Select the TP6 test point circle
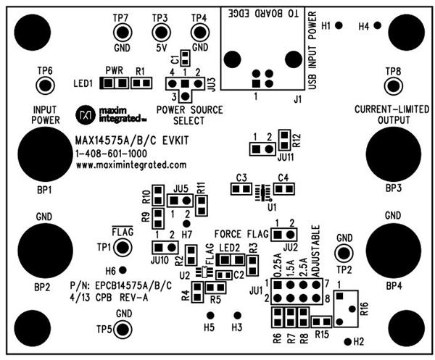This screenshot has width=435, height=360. [45, 85]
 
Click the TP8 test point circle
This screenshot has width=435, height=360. [394, 85]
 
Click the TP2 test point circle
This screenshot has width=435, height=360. [344, 253]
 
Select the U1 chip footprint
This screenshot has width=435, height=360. [260, 191]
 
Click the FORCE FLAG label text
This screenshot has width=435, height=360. [239, 234]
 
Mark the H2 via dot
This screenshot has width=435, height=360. [348, 341]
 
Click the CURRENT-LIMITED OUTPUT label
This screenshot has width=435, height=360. [393, 114]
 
